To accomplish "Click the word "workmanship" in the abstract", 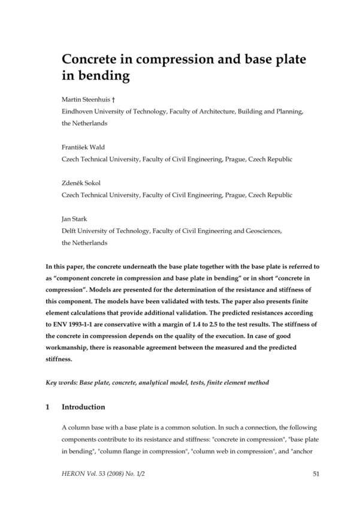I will point(67,348).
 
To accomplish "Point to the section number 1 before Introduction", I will point(47,407).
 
